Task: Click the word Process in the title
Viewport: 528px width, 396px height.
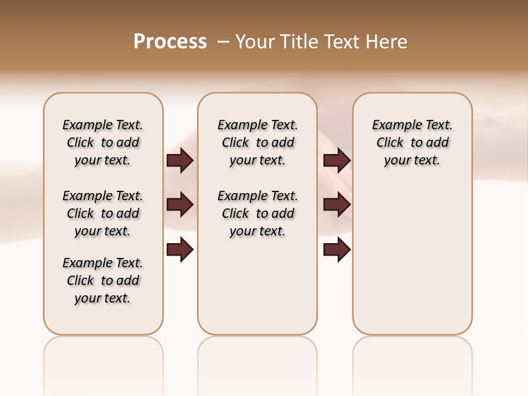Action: (170, 42)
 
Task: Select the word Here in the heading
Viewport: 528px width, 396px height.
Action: (387, 42)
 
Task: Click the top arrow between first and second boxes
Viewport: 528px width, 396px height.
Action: (180, 160)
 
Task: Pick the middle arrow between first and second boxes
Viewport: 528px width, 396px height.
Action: (180, 205)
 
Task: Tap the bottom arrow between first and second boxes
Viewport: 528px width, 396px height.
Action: (180, 250)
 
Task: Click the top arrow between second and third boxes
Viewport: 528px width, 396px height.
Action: (337, 160)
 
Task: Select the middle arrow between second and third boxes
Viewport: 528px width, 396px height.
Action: (337, 205)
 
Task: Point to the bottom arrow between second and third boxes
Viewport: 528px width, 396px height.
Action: (337, 250)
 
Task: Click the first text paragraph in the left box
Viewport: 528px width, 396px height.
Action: (103, 142)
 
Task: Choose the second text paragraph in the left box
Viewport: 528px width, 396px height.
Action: (103, 213)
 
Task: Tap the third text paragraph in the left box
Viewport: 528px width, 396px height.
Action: (103, 280)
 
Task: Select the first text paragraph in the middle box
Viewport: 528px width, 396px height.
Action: (257, 142)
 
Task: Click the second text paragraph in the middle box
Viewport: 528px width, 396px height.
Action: (257, 213)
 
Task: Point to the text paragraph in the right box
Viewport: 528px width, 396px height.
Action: (412, 142)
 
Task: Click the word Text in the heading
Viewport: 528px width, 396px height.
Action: (342, 42)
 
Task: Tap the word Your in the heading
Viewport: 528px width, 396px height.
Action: (255, 42)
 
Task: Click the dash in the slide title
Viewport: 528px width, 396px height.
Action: (224, 42)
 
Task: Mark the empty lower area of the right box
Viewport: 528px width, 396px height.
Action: (412, 258)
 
